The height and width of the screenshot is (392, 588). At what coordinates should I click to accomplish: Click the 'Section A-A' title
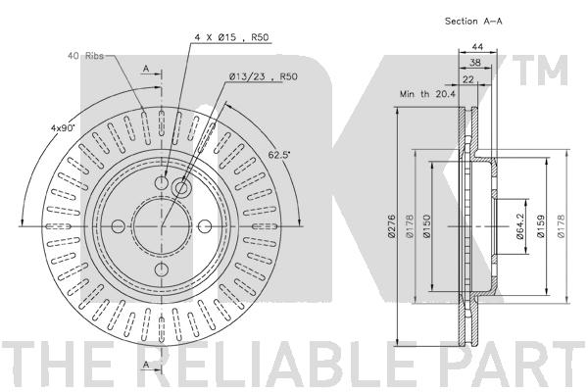click(473, 22)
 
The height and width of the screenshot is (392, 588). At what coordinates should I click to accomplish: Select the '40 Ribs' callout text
click(85, 56)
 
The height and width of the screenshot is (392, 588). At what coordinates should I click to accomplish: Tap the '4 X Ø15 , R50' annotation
click(231, 37)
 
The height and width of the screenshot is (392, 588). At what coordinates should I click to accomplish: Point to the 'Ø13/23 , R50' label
click(264, 76)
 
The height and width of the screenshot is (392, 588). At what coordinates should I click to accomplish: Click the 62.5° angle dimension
click(279, 155)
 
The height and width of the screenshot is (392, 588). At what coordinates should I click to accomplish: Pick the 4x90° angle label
click(63, 127)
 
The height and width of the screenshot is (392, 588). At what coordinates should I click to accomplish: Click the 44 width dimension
click(477, 46)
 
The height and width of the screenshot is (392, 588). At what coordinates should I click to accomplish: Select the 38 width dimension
click(475, 63)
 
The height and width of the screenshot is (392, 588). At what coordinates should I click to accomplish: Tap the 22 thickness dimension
click(468, 79)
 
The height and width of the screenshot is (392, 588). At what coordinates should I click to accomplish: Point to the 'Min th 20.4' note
click(427, 94)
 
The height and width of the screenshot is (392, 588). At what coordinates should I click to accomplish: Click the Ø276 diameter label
click(391, 226)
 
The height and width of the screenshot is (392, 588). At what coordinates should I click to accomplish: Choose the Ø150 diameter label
click(426, 226)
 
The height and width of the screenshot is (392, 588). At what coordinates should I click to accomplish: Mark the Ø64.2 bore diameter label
click(519, 226)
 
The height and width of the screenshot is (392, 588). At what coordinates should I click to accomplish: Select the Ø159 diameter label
click(540, 226)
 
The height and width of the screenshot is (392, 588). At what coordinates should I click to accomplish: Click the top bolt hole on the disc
click(162, 182)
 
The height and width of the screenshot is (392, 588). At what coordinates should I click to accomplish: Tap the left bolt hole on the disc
click(119, 226)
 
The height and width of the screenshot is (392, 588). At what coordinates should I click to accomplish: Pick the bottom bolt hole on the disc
click(162, 269)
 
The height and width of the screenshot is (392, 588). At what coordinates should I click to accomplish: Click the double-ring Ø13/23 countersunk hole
click(181, 187)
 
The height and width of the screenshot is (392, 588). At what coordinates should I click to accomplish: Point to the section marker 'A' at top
click(147, 69)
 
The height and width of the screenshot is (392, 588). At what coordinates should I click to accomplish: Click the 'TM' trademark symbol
click(540, 71)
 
